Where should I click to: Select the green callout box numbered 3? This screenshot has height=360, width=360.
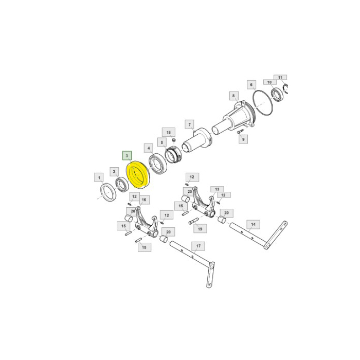point(127,154)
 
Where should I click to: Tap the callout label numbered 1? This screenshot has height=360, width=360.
point(98,178)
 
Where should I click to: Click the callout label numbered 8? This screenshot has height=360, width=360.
point(233,96)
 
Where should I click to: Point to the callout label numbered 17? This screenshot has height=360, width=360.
point(197,246)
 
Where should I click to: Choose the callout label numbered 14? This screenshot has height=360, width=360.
point(253,224)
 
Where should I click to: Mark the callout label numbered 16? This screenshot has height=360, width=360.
point(143,200)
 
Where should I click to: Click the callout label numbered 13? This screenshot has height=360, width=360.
point(217,189)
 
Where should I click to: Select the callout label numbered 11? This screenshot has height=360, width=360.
point(280,78)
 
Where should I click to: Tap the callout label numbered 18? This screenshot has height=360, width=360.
point(168,132)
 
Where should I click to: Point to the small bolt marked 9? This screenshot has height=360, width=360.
point(240,131)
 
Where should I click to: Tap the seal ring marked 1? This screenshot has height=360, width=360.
point(110,193)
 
